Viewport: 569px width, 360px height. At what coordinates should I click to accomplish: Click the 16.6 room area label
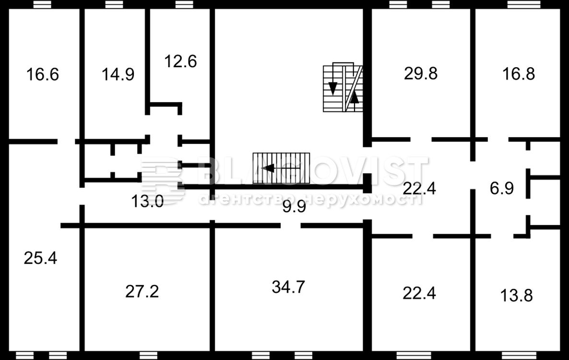tap(42, 74)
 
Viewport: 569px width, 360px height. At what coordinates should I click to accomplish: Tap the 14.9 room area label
tap(118, 74)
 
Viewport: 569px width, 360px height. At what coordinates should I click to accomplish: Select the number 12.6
tap(180, 61)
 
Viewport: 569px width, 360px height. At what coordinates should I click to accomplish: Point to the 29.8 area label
tap(421, 73)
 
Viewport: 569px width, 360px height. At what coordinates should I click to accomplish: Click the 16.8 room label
tap(518, 73)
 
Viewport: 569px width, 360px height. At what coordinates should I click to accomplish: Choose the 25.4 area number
tap(40, 258)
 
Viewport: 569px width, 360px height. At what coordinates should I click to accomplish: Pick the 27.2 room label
tap(142, 291)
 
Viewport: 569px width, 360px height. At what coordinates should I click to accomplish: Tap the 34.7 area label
tap(288, 287)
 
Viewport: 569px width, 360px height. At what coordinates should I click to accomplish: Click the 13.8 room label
tap(516, 295)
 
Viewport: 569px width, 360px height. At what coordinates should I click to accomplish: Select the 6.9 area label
tap(502, 188)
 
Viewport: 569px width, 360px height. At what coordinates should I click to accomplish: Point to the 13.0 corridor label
tap(147, 201)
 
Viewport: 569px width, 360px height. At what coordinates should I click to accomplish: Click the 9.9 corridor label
tap(294, 207)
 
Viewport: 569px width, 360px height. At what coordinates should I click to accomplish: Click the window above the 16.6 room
tap(42, 4)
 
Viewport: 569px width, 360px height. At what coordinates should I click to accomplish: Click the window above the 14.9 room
tap(115, 4)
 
